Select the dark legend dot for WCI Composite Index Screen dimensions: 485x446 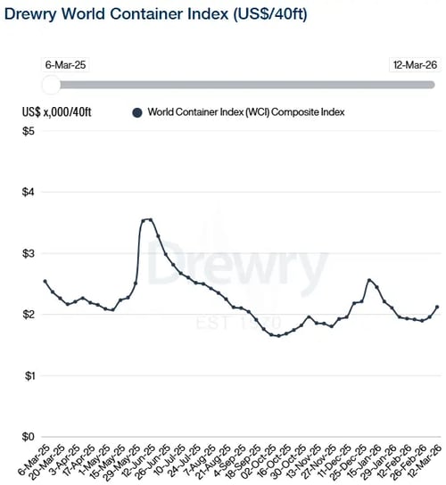[136, 112]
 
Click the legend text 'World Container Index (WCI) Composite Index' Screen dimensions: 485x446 [246, 112]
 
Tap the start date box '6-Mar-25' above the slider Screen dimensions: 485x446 [64, 65]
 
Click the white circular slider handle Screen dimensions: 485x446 [52, 84]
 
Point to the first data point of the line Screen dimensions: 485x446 [45, 282]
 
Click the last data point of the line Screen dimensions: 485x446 [436, 307]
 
